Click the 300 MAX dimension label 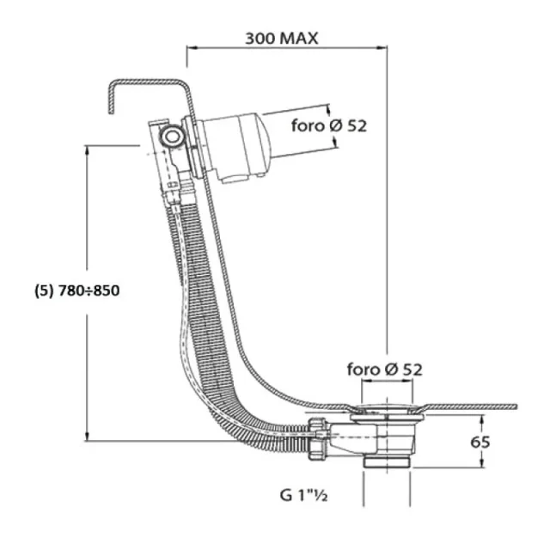[281, 38]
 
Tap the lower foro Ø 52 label [385, 369]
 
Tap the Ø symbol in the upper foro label [337, 126]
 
